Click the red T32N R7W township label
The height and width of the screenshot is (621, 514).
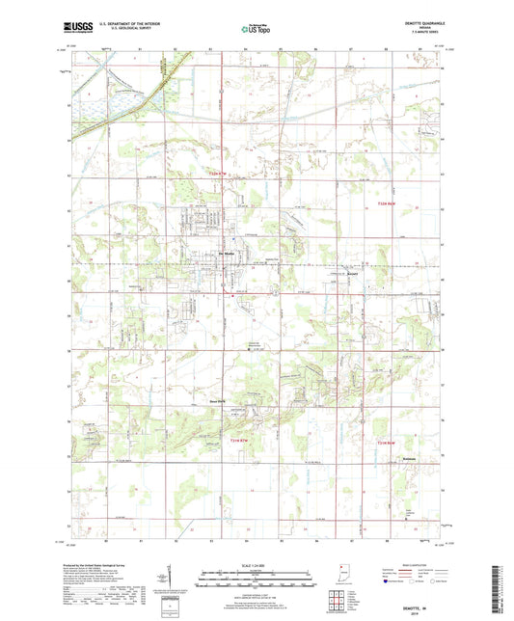coord(222,175)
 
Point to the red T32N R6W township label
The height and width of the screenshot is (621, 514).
coord(386,202)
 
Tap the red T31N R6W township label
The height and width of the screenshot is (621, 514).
coord(386,442)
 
